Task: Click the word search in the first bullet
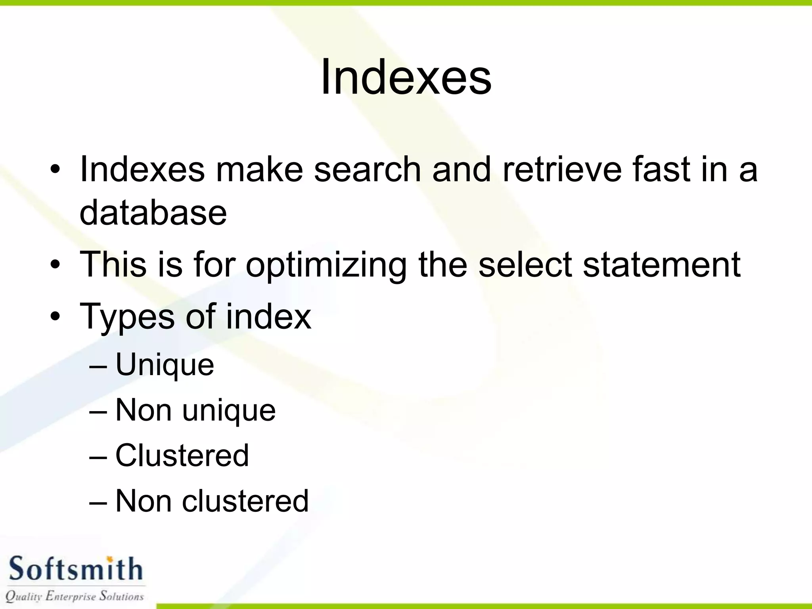pos(367,170)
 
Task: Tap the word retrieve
pos(562,170)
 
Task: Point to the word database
pos(153,213)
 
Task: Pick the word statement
pos(661,265)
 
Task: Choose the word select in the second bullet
pos(525,265)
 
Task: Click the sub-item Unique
pos(165,365)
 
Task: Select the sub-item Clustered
pos(182,456)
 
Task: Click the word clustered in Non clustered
pos(245,501)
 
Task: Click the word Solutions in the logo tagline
pos(122,596)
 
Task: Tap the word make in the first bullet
pos(259,170)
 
